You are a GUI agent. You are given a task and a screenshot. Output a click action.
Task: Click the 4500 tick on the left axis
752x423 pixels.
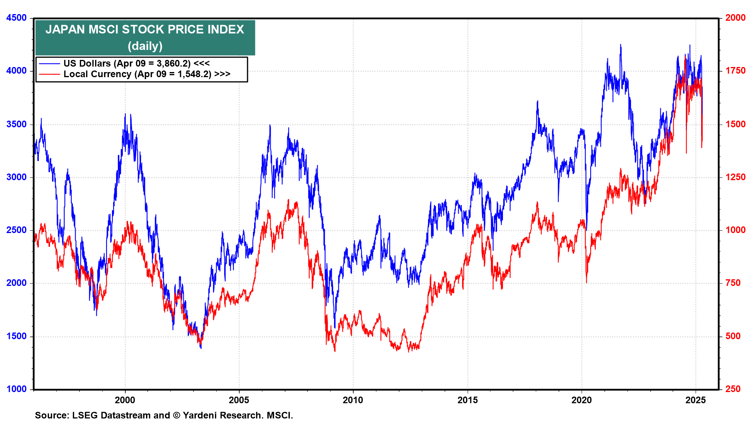(16, 18)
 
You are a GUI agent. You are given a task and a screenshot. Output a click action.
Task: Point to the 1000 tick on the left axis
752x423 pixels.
(16, 389)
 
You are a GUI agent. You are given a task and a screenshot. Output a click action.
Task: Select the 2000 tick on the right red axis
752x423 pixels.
(735, 18)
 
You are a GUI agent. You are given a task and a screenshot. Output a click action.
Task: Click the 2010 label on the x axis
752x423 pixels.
(353, 400)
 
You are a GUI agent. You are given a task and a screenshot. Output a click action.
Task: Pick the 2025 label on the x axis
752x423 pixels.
(696, 400)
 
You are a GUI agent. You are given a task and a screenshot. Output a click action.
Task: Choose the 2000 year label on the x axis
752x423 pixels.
(125, 400)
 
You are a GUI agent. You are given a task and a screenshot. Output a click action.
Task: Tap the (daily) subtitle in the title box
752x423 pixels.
(145, 46)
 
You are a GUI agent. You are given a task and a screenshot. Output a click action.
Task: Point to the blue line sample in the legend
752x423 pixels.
(49, 63)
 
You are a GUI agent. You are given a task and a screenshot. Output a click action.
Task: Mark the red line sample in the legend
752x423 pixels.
(49, 74)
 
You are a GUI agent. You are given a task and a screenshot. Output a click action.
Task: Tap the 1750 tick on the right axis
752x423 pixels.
(735, 71)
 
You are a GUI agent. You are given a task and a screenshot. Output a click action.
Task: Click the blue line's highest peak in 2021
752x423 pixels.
(620, 45)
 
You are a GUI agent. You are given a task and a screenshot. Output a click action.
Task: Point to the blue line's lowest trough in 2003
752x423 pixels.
(201, 348)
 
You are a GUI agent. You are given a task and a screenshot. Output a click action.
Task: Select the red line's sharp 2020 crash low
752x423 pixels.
(586, 282)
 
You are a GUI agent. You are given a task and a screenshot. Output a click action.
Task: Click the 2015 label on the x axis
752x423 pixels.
(468, 400)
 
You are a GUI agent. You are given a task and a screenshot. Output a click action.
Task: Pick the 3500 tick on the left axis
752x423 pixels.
(16, 125)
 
